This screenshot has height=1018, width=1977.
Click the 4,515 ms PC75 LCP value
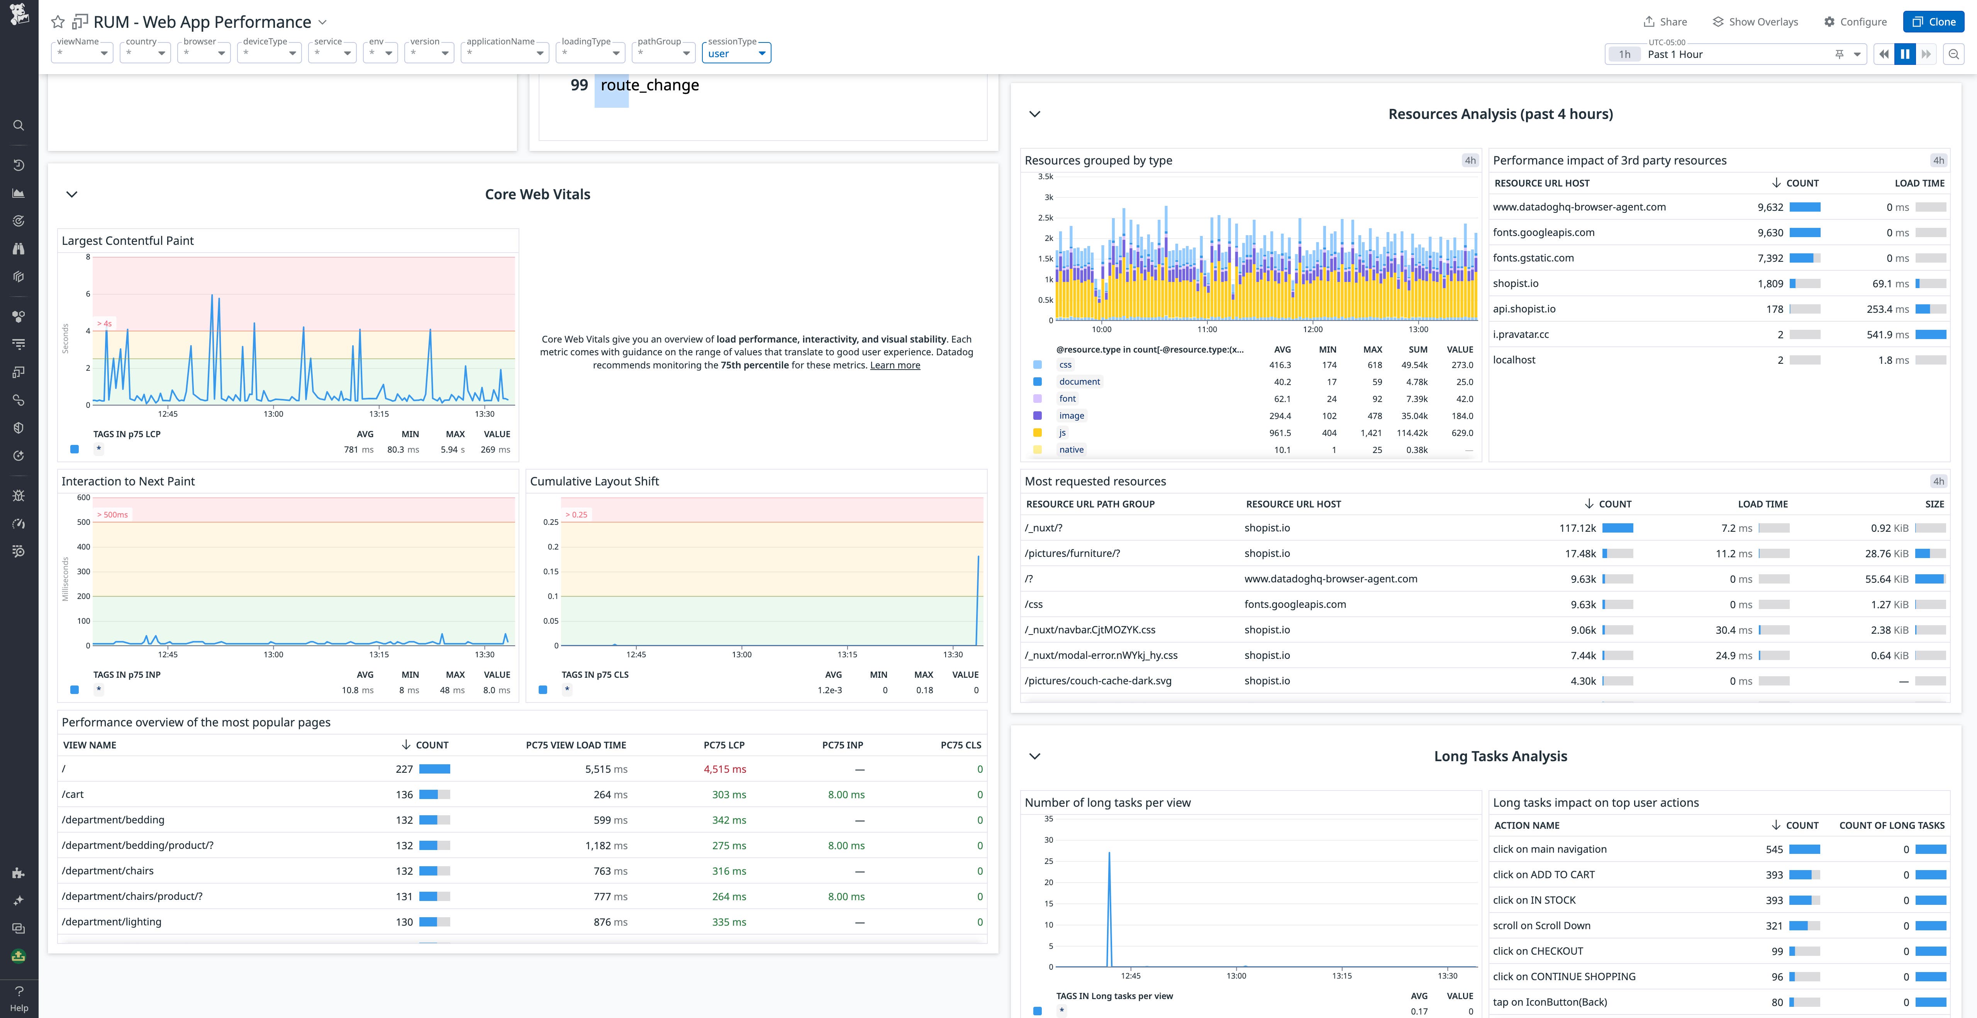(724, 769)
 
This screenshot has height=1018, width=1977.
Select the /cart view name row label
(73, 795)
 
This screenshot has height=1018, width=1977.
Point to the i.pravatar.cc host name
(1520, 335)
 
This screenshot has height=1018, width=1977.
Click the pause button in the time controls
(1905, 54)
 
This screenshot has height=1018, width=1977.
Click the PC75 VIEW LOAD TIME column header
(576, 745)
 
